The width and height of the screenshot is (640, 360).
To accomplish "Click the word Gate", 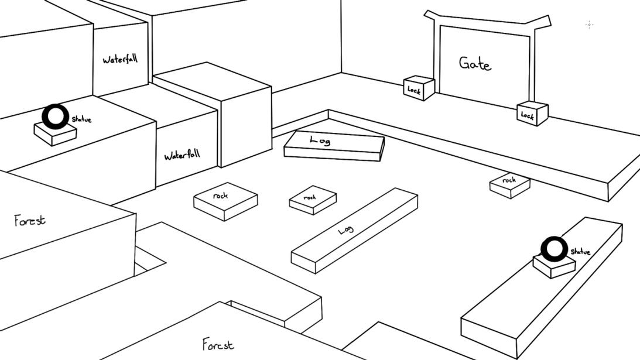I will click(475, 63).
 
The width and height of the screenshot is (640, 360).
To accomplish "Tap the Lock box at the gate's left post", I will click(419, 88).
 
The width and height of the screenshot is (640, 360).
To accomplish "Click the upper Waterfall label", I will click(120, 59).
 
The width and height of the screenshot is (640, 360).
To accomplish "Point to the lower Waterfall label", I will click(182, 155).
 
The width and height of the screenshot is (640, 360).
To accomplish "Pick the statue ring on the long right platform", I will click(553, 249).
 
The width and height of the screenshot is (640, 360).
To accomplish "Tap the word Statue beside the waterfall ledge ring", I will click(81, 119).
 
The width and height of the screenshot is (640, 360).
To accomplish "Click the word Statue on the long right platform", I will click(580, 252).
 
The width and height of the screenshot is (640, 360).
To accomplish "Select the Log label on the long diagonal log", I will click(346, 230).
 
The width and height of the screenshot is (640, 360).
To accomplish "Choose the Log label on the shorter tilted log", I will click(320, 140).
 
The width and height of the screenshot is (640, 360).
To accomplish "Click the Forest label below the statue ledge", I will click(30, 221).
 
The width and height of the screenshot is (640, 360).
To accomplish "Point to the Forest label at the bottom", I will click(218, 344).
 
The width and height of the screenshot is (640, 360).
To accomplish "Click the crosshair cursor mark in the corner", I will click(590, 25).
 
